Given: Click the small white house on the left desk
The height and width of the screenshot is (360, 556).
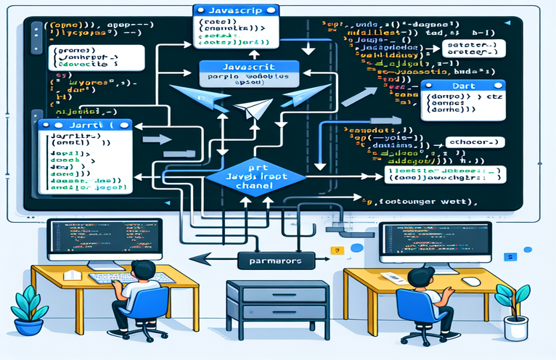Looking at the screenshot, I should click(x=72, y=274).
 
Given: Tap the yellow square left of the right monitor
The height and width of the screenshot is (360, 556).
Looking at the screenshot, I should click(x=335, y=251).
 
